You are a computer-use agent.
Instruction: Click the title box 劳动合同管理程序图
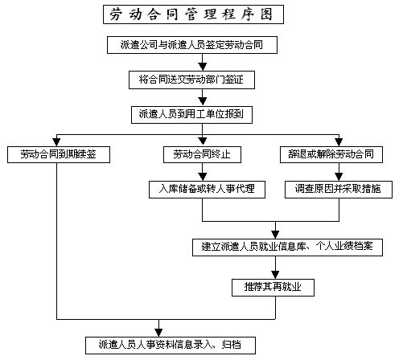(193, 14)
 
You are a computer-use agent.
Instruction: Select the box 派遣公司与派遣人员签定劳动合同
(192, 45)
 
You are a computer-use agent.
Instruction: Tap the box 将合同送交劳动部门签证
(191, 80)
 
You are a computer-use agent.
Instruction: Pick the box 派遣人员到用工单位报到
(191, 115)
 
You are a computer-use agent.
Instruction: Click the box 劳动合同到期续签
(59, 154)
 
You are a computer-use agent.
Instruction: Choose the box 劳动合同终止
(202, 154)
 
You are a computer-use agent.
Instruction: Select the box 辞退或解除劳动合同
(331, 154)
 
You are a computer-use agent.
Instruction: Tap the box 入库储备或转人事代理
(207, 190)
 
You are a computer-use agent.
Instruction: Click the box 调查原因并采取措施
(339, 190)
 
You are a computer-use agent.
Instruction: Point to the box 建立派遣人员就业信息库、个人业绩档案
(287, 247)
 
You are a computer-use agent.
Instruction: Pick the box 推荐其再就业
(273, 288)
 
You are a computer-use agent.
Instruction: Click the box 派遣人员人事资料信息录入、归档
(171, 346)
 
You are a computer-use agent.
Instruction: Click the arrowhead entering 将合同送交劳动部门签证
(203, 67)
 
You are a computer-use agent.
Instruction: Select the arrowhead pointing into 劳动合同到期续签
(56, 142)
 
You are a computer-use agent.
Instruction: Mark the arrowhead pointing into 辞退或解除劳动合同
(339, 142)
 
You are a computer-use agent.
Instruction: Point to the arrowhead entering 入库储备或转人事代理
(203, 178)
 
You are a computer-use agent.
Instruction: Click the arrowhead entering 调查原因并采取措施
(339, 178)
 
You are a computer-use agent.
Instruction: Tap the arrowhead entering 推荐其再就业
(275, 276)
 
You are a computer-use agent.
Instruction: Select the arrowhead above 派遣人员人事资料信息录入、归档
(158, 333)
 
